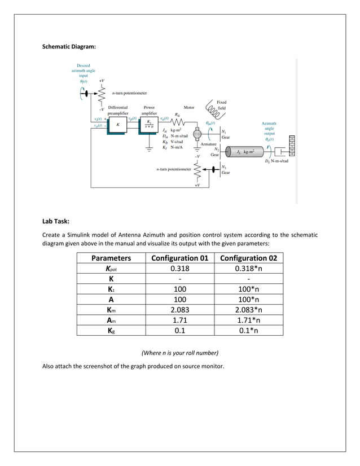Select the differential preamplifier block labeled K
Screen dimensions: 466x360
[x=117, y=125]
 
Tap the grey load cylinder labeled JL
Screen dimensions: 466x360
[x=244, y=152]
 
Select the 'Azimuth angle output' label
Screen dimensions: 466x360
[x=269, y=131]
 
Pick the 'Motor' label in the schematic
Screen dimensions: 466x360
[x=189, y=107]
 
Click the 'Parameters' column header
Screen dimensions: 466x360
[x=111, y=258]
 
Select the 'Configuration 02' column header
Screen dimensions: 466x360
[x=248, y=258]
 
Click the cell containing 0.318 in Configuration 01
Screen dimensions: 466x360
[x=180, y=269]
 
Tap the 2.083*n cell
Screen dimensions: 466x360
[x=248, y=309]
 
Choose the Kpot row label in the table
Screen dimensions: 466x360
[x=111, y=269]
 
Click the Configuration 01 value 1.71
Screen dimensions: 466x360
[x=180, y=319]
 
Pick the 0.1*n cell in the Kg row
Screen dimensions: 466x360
[x=248, y=330]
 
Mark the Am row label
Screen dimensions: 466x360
[x=111, y=319]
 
